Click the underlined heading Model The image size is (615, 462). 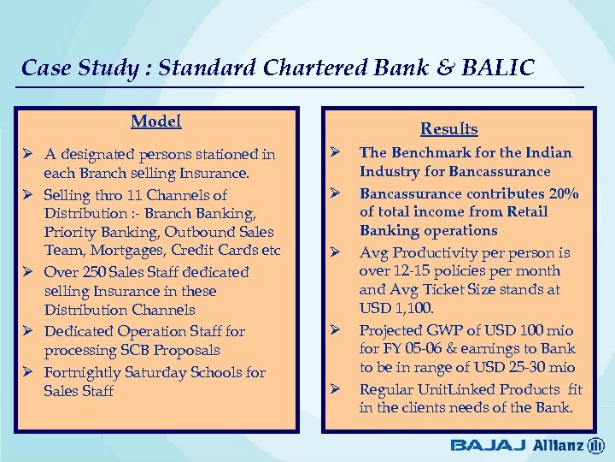pyautogui.click(x=155, y=121)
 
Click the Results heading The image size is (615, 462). pyautogui.click(x=448, y=129)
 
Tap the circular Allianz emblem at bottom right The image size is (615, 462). pyautogui.click(x=594, y=445)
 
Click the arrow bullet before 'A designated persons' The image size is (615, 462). pyautogui.click(x=29, y=155)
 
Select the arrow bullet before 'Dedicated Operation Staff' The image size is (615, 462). pyautogui.click(x=29, y=331)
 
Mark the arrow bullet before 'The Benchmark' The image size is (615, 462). pyautogui.click(x=337, y=153)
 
